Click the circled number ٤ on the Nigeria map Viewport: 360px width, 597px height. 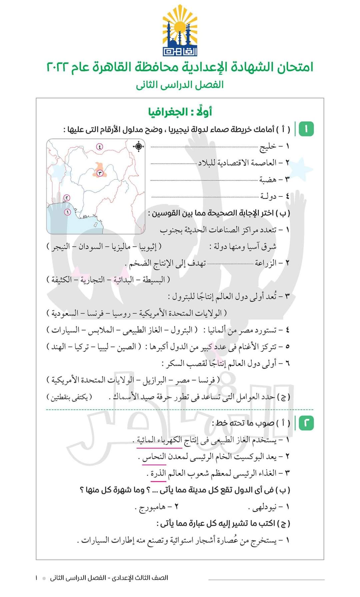coord(99,146)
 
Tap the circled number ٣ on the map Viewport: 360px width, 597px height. coord(99,173)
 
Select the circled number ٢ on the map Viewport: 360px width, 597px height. coord(67,198)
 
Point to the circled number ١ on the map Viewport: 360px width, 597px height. coord(67,212)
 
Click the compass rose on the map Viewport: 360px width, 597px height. coord(138,146)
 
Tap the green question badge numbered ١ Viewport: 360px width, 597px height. coord(306,129)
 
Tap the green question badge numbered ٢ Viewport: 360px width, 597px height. coord(306,423)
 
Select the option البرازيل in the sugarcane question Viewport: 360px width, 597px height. coord(155,380)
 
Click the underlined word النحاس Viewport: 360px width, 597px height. coord(154,457)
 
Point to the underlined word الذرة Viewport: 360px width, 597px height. coord(158,473)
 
